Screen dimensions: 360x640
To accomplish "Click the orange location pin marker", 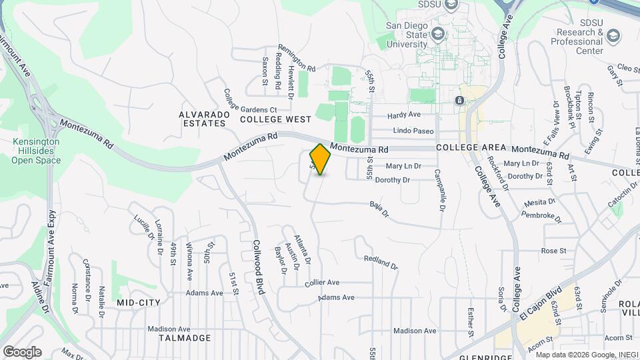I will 321,159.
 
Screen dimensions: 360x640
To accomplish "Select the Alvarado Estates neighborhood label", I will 204,119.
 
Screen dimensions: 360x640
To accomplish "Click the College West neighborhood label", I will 275,119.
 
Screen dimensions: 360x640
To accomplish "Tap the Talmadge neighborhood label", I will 185,338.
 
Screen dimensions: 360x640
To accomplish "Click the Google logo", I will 22,351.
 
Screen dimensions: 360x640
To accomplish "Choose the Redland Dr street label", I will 381,262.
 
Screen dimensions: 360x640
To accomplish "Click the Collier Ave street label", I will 322,283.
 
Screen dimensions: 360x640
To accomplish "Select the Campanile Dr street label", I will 440,189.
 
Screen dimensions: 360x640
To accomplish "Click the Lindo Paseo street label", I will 414,131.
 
